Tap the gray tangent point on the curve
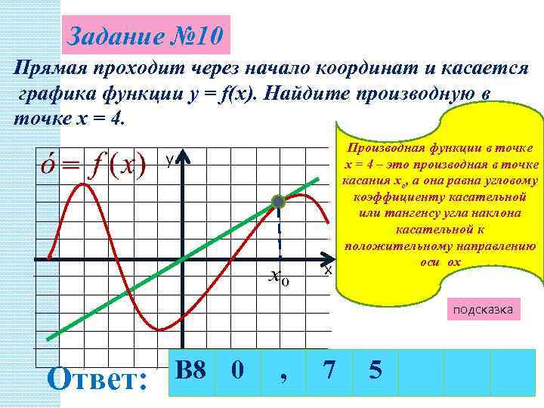tap(279, 201)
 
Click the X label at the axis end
tap(328, 269)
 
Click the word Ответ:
tap(97, 378)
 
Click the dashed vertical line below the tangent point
tap(279, 234)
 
